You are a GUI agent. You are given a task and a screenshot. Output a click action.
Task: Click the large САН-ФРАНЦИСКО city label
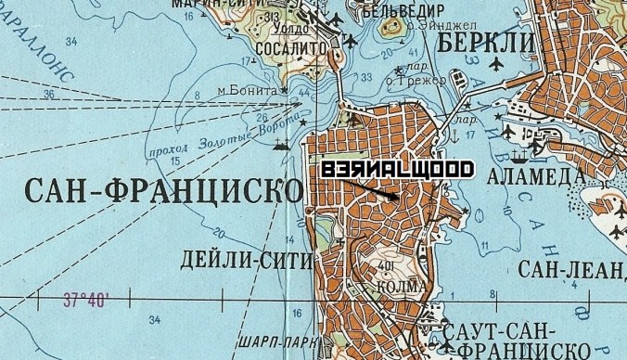163,192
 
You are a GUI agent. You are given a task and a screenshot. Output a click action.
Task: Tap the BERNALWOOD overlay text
397,170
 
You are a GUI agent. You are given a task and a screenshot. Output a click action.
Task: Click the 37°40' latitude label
86,300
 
